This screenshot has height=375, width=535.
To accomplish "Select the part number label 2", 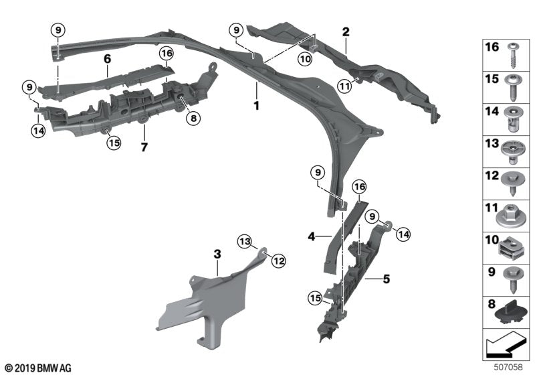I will coord(346,31).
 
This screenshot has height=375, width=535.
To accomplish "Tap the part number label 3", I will coord(217,254).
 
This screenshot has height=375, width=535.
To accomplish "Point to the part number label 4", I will coord(311,236).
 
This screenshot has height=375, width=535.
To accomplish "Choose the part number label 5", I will coord(386,277).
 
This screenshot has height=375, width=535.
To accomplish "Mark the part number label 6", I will coord(107,59).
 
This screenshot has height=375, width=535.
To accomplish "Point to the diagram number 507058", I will coord(509,368).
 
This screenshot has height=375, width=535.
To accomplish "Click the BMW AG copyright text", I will coord(37,368).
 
